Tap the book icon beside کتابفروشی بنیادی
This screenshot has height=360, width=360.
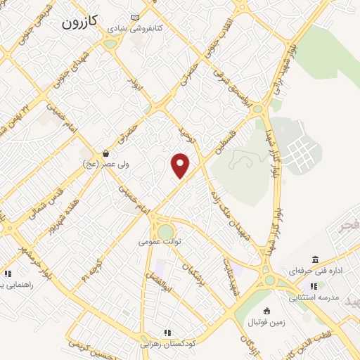click(135, 18)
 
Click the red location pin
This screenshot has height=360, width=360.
click(181, 165)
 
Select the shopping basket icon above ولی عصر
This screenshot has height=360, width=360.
click(105, 153)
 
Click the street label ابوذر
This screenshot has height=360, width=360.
click(136, 88)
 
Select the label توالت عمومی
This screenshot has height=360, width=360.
click(160, 240)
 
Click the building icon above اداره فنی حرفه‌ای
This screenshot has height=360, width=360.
click(314, 259)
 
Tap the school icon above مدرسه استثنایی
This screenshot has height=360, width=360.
click(314, 286)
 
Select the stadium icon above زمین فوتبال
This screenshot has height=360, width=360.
click(266, 311)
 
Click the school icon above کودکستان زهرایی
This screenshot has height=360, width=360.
click(167, 333)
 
